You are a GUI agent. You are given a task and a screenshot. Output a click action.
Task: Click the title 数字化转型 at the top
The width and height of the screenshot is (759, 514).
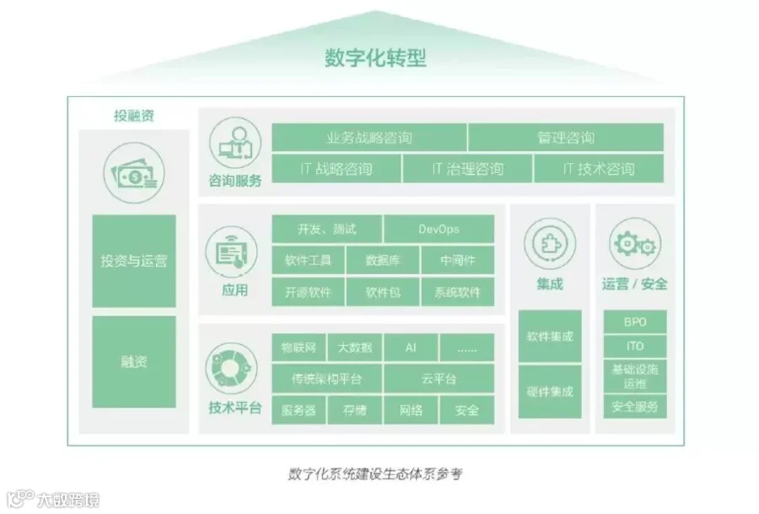tap(375, 58)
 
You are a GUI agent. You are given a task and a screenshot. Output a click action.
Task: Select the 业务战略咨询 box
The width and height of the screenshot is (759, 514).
tap(369, 138)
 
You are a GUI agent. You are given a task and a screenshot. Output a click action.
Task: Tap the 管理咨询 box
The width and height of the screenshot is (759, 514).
tap(565, 138)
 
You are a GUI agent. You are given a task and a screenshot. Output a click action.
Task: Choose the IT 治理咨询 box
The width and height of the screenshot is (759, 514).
tap(467, 169)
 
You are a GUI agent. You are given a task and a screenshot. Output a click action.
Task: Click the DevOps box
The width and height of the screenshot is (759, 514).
tap(439, 229)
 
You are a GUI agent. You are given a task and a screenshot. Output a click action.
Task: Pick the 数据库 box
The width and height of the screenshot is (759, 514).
tap(382, 260)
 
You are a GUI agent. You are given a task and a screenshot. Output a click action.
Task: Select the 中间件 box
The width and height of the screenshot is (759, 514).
tap(457, 260)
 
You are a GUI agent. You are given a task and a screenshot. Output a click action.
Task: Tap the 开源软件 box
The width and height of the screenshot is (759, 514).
tap(308, 292)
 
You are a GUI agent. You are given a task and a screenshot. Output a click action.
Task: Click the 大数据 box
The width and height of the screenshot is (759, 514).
tap(354, 348)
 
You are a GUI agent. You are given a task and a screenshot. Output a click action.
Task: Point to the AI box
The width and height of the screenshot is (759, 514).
tap(411, 348)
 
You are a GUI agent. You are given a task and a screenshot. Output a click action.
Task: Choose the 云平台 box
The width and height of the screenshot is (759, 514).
tap(439, 379)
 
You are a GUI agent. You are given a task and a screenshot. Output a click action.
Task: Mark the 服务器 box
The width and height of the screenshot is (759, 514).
tap(299, 410)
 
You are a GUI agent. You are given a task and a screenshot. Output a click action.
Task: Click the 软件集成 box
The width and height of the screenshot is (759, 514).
tap(550, 336)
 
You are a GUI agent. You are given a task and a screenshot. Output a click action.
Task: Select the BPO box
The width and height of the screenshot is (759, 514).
tap(635, 322)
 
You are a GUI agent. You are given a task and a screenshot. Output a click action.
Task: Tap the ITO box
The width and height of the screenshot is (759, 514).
tap(635, 346)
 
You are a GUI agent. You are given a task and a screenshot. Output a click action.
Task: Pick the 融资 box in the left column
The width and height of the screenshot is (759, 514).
tap(134, 362)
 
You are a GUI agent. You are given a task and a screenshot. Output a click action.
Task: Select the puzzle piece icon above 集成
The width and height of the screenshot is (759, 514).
tap(550, 243)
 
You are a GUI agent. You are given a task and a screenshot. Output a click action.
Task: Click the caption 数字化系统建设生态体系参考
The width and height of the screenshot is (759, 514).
tap(375, 473)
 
